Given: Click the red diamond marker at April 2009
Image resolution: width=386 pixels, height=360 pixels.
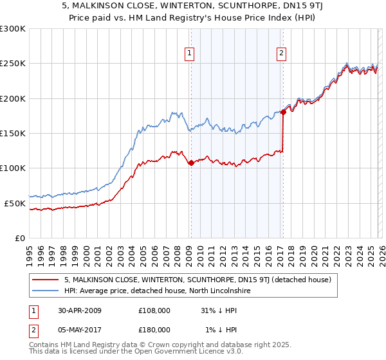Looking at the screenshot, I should pos(191,163).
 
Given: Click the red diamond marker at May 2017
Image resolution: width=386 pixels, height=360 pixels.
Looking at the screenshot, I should pos(282,113).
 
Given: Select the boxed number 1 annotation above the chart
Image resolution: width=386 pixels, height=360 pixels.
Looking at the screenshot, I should pos(190,53).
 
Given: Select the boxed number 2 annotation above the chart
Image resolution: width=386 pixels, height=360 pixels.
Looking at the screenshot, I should pos(282,53).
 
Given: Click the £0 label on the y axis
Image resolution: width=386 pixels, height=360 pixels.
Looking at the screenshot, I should pos(20,238).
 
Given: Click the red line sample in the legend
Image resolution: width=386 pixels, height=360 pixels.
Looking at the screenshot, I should pos(46,280).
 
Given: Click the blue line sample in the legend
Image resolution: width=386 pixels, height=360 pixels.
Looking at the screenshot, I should pos(46,291).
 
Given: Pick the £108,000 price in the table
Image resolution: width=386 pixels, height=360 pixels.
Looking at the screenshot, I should pos(154,310).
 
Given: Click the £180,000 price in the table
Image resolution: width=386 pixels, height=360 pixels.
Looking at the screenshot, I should pos(154,329).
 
